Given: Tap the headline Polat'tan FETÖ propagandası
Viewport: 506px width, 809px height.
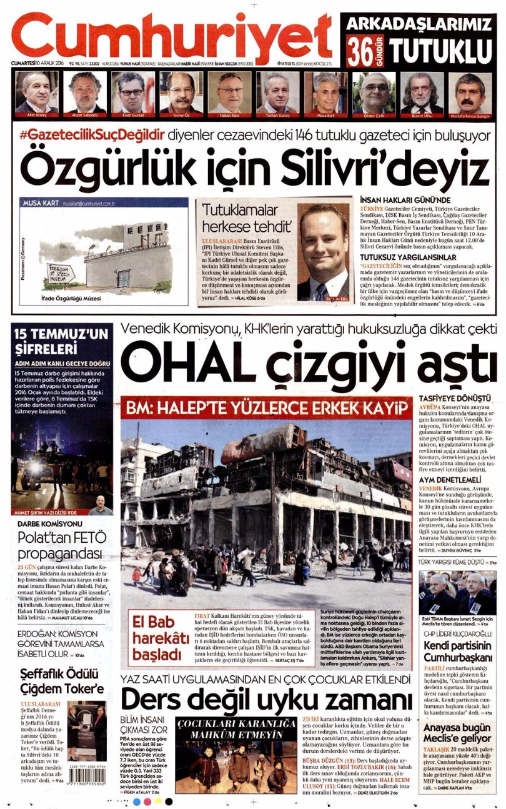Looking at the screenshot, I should (x=59, y=547).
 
